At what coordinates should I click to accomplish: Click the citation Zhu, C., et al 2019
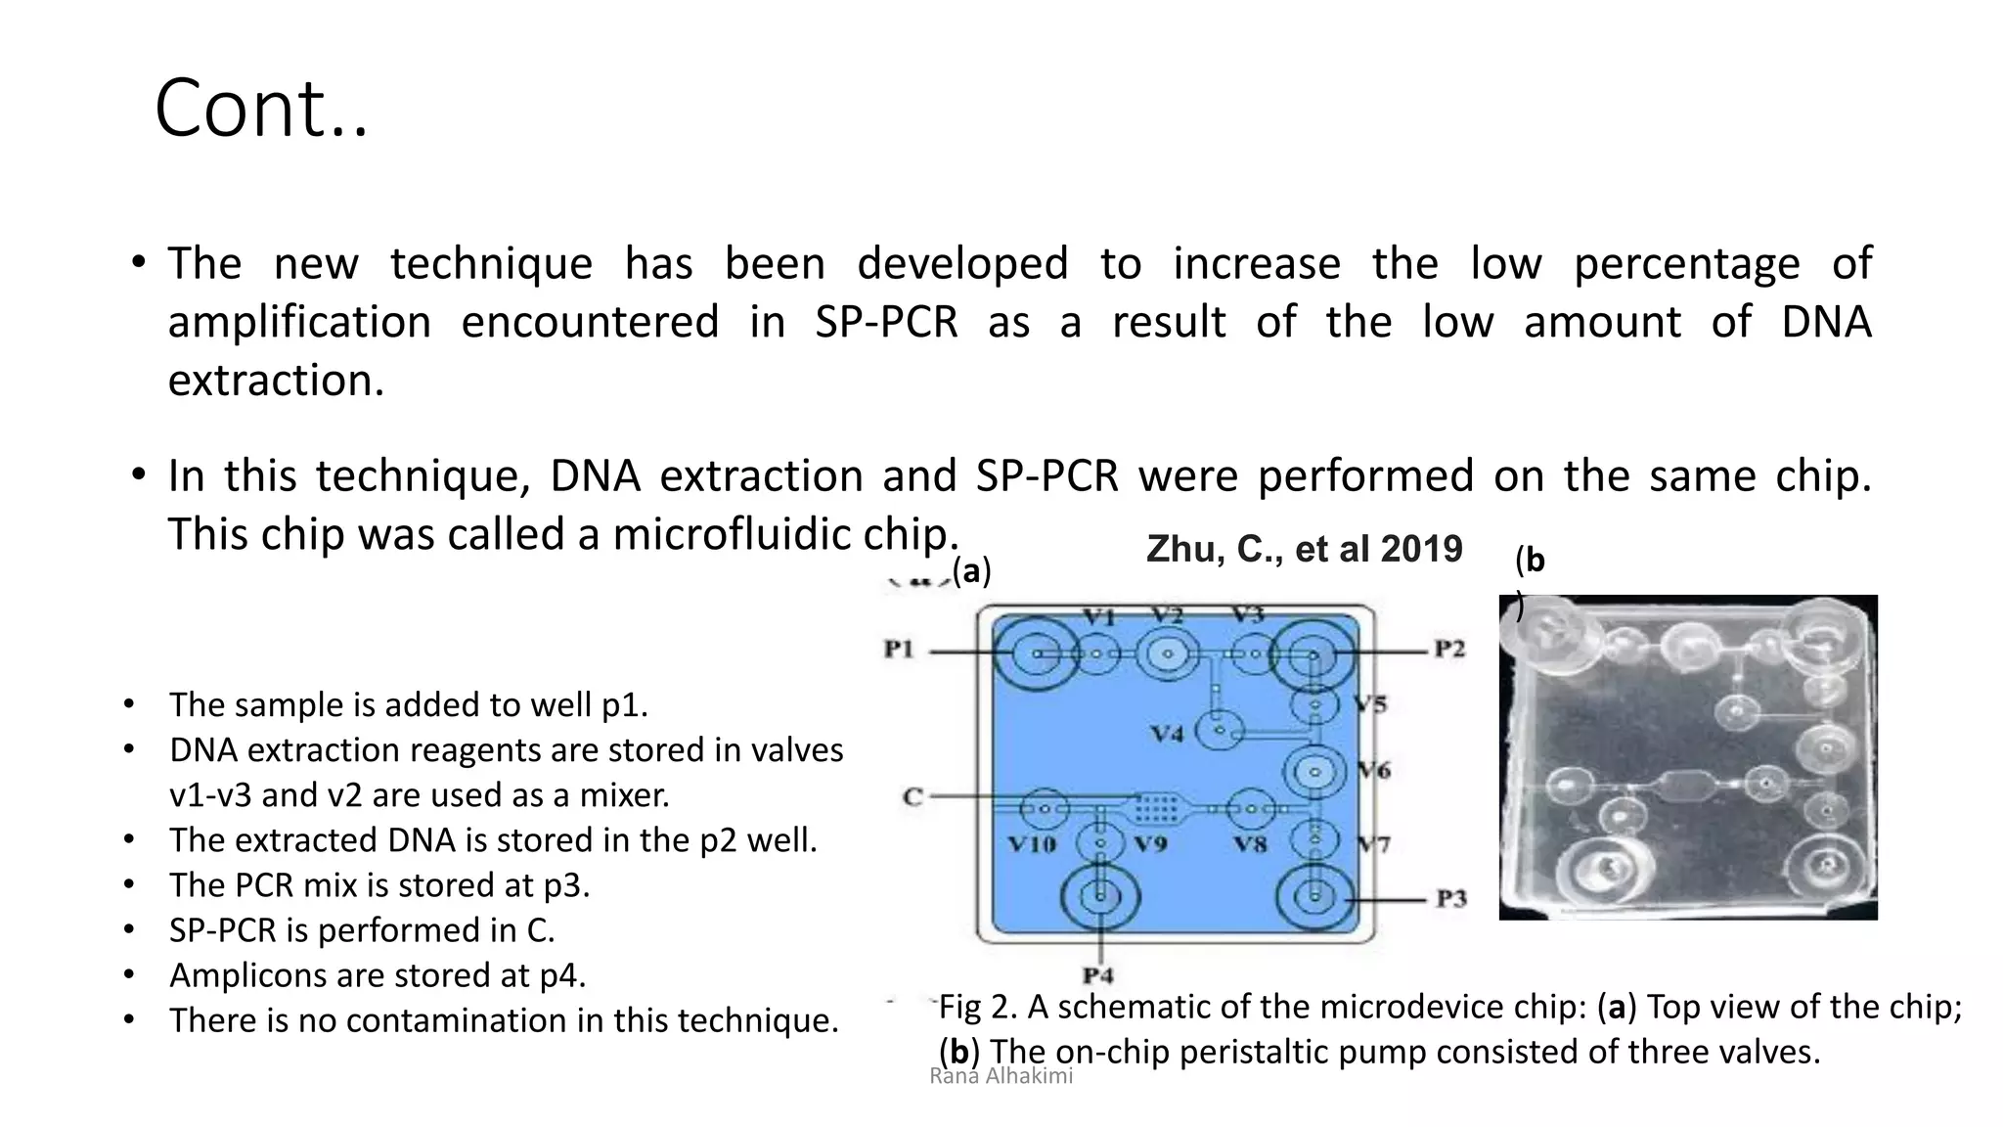(x=1304, y=550)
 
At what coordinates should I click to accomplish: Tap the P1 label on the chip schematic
(x=898, y=650)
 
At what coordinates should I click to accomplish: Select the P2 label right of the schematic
(x=1449, y=650)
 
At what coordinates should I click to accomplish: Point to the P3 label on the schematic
(x=1451, y=898)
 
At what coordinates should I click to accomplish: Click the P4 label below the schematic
(x=1098, y=975)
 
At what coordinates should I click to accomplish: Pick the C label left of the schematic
(x=912, y=796)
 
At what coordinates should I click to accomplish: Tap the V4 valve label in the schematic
(x=1166, y=733)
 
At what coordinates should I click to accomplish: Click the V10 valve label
(x=1032, y=843)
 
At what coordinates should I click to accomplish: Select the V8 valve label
(x=1250, y=843)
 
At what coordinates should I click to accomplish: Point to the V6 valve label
(x=1373, y=771)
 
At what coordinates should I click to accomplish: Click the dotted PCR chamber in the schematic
(x=1156, y=808)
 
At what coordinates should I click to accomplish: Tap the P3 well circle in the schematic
(x=1315, y=896)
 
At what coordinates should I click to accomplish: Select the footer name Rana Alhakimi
(x=1001, y=1076)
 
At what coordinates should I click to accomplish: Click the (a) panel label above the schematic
(x=971, y=570)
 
